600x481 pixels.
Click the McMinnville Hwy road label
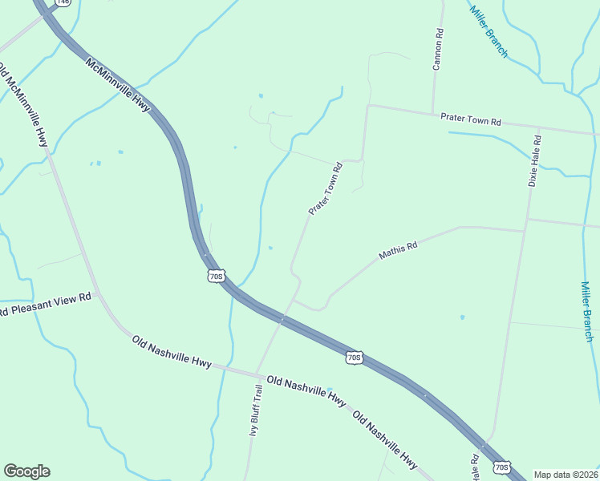tap(118, 87)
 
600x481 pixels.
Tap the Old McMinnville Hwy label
tap(26, 105)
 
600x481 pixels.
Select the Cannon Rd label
tap(438, 50)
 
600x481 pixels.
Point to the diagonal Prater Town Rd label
tap(326, 189)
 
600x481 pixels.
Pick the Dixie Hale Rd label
tap(533, 160)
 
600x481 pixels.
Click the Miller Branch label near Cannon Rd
tap(489, 31)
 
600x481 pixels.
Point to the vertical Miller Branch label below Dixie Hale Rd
tap(587, 311)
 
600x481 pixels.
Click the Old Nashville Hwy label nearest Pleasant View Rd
tap(172, 352)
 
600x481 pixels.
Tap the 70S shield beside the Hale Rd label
tap(501, 467)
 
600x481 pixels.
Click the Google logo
tap(26, 471)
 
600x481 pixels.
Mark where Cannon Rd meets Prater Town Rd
tap(432, 113)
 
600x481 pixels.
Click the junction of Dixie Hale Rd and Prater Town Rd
tap(538, 127)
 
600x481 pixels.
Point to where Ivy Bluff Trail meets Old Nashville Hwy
tap(257, 374)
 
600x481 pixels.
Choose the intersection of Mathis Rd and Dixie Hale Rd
tap(525, 232)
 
